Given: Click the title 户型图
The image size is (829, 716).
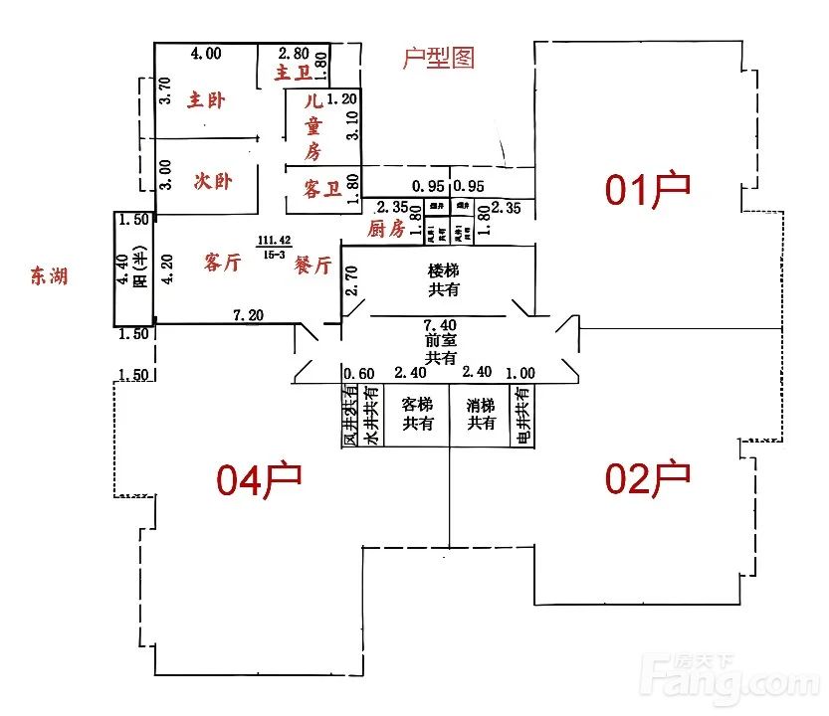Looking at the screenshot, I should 438,58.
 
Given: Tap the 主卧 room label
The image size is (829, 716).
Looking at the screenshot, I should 207,99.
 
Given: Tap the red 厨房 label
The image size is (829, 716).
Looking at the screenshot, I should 385,229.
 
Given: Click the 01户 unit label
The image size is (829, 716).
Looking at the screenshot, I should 648,188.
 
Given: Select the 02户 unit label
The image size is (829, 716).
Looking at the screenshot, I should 648,478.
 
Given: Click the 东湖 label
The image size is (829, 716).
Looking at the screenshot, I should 49,276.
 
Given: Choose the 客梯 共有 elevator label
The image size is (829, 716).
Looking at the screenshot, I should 417,414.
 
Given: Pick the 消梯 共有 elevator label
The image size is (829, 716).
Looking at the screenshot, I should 482,414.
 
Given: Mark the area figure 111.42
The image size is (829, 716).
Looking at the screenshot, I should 274,240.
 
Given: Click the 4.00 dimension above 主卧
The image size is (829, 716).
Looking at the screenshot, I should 206,53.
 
